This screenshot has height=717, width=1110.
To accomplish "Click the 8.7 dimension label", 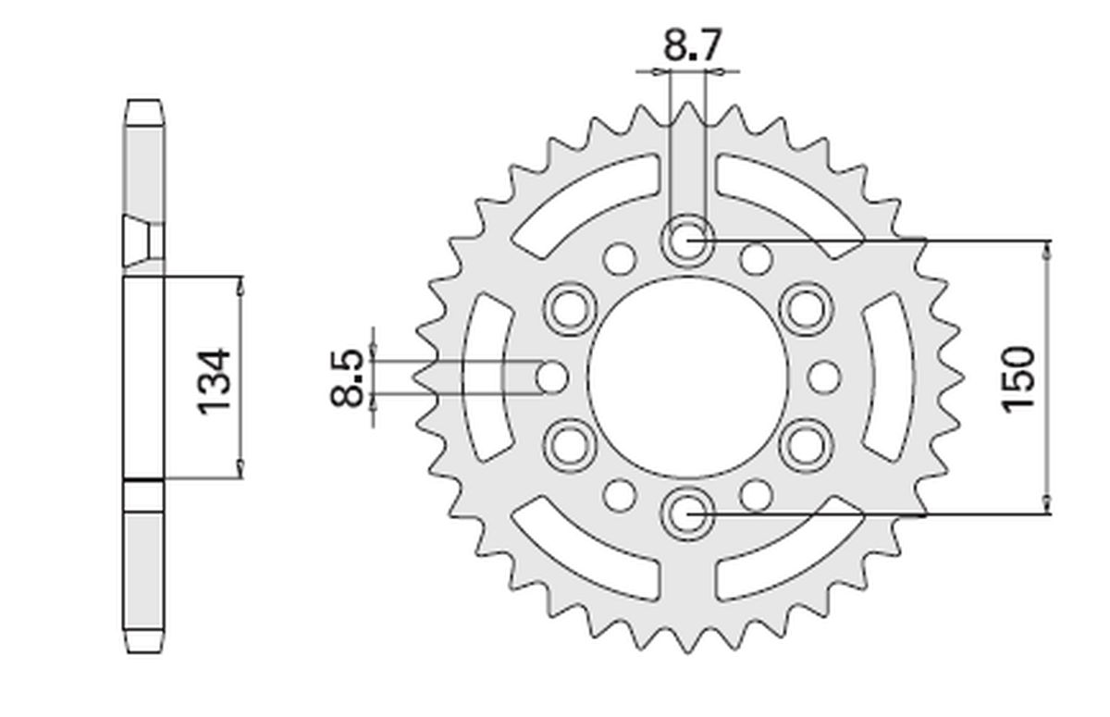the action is (692, 45).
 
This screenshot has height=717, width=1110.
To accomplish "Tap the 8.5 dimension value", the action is (347, 378).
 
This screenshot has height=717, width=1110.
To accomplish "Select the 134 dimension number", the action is (214, 381).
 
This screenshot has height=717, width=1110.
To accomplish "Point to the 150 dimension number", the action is (1018, 379).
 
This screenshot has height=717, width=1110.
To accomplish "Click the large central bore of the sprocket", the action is (688, 377).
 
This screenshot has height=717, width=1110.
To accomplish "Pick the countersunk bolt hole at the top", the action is (688, 241).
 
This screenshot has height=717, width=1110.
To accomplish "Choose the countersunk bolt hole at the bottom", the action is (688, 514).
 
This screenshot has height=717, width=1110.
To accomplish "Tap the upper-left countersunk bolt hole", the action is (570, 309).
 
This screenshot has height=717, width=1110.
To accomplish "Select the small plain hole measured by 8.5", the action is (551, 377).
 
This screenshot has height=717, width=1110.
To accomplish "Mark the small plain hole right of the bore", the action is (824, 377).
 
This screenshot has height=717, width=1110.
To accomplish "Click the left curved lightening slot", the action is (487, 377).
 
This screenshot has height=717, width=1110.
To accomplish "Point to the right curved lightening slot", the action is (888, 377).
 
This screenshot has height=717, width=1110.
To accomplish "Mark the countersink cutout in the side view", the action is (138, 241).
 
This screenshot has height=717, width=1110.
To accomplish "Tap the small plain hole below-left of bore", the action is (620, 496).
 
